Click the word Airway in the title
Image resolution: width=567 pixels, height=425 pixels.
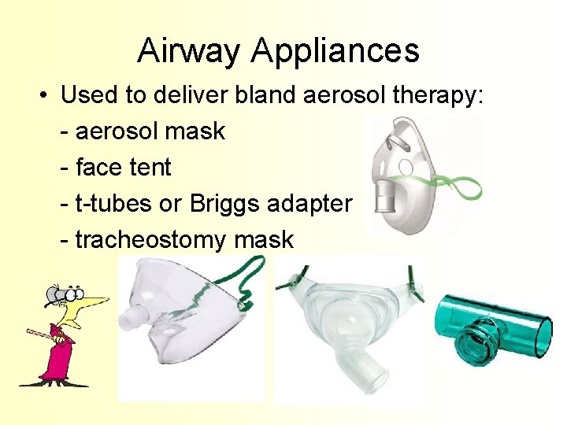tap(189, 51)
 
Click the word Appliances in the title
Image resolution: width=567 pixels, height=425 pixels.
tap(335, 53)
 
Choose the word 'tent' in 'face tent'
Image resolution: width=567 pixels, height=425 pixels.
tap(151, 167)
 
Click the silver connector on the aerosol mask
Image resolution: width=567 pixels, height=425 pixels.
tap(385, 198)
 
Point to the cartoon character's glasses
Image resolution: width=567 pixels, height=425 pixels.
tap(64, 294)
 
